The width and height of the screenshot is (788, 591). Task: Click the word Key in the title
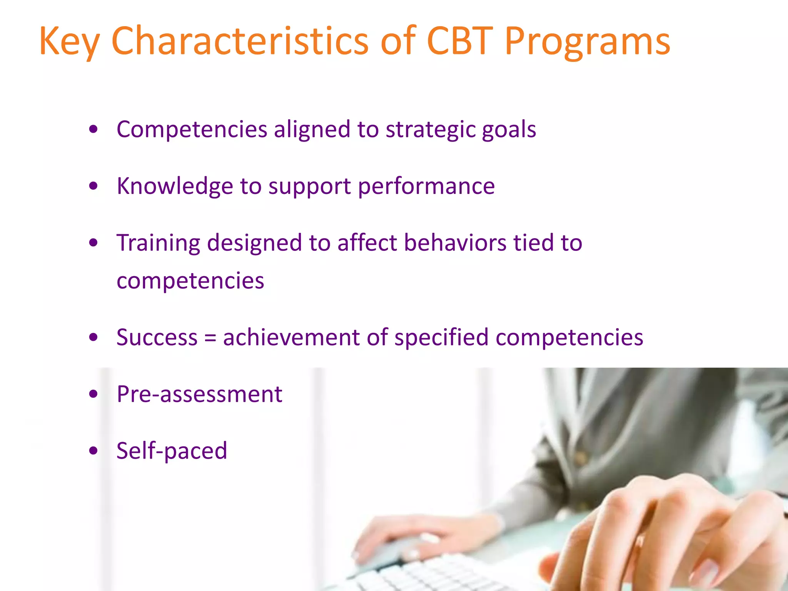[70, 42]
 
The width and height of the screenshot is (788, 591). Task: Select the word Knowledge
[175, 187]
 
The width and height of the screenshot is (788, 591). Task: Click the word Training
[158, 244]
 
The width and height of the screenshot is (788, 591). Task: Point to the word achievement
[291, 337]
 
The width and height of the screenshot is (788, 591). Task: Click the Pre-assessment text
[199, 394]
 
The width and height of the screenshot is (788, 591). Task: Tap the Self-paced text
[172, 451]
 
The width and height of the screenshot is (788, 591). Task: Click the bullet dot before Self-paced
[93, 451]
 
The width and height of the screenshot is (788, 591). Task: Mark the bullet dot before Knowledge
[93, 187]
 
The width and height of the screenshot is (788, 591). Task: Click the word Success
[157, 337]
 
